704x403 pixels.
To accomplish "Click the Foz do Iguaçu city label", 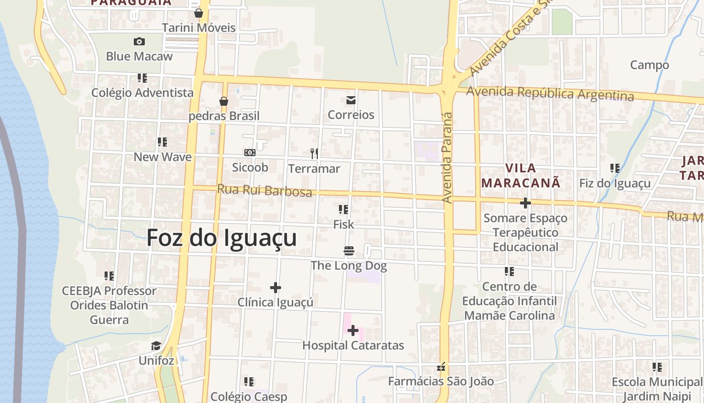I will click(x=222, y=238).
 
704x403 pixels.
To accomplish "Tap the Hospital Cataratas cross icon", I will click(x=353, y=330).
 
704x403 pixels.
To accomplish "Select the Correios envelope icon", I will click(x=351, y=100).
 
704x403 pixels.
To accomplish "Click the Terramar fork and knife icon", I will click(x=314, y=153).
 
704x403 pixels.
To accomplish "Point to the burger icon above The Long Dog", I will click(x=349, y=250).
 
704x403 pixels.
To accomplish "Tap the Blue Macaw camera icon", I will click(x=139, y=41).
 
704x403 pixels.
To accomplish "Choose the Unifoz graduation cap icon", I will click(x=156, y=346).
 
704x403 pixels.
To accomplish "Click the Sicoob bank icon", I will click(x=249, y=153).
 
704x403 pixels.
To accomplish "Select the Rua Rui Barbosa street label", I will click(x=265, y=190).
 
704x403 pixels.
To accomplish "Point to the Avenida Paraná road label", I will click(x=447, y=158).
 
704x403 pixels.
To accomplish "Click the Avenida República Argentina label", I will click(x=550, y=94).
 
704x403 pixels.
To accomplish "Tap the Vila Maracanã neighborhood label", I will click(x=520, y=175).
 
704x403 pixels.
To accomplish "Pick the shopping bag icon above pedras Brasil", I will click(x=224, y=101).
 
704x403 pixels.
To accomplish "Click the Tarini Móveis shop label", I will click(x=199, y=28).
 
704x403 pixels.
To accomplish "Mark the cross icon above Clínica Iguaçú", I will click(x=275, y=288).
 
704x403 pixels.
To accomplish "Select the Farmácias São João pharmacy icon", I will click(x=442, y=367).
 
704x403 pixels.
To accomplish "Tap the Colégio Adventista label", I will click(x=142, y=93).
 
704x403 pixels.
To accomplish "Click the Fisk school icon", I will click(x=343, y=209).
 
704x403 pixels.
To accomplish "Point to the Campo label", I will click(x=649, y=65).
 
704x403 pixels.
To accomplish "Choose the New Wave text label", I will click(x=162, y=157).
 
